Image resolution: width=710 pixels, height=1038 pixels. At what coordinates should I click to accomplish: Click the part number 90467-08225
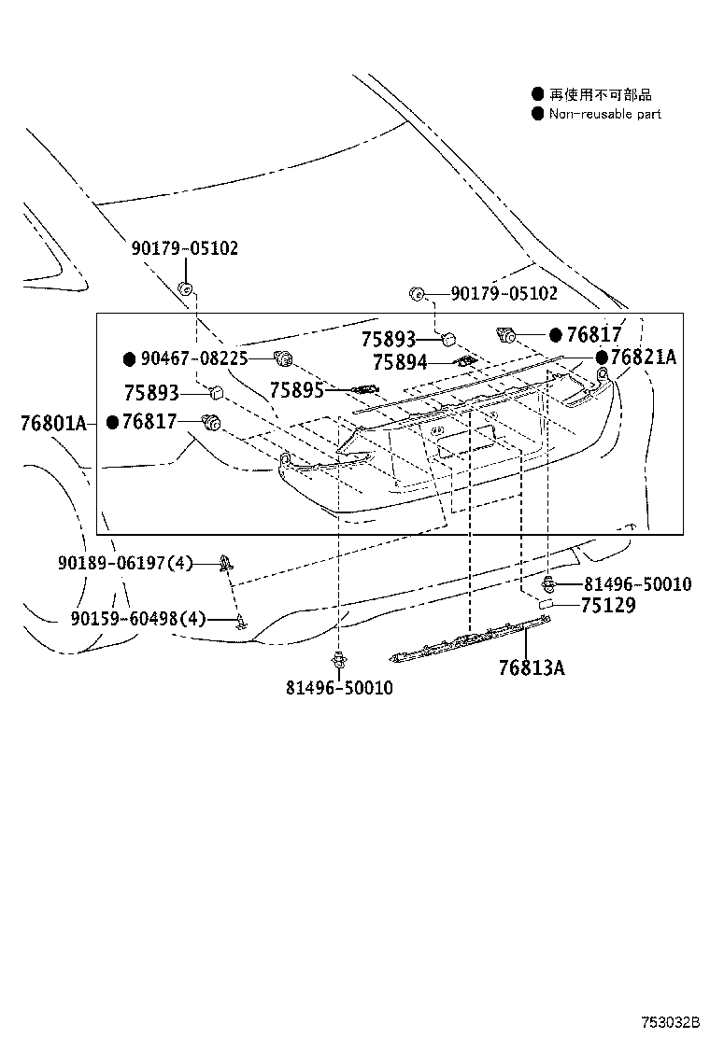194,358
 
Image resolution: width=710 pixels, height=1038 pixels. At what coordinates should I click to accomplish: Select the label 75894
400,363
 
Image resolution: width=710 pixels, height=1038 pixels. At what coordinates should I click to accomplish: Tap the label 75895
297,389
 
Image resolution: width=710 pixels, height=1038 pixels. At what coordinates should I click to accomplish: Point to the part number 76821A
644,357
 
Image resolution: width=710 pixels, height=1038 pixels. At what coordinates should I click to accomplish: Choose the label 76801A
52,423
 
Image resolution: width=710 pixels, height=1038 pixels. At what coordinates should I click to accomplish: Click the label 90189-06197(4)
125,563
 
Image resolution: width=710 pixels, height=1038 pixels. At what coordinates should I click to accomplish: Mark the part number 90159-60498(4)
137,618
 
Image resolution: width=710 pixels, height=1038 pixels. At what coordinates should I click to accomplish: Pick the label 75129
607,605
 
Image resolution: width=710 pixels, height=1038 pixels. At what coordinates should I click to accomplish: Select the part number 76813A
532,667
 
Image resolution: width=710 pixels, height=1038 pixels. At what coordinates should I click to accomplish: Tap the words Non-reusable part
604,114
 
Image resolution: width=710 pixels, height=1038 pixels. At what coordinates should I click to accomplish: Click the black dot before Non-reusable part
537,114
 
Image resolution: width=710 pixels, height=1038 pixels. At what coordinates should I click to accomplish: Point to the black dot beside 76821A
603,357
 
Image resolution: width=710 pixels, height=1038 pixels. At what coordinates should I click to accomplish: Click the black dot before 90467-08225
130,358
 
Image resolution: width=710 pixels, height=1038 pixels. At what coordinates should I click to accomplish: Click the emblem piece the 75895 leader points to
364,389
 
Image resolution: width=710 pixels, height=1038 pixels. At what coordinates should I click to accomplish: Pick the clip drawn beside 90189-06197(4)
225,562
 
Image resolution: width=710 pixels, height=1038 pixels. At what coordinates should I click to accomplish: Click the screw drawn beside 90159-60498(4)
241,620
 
